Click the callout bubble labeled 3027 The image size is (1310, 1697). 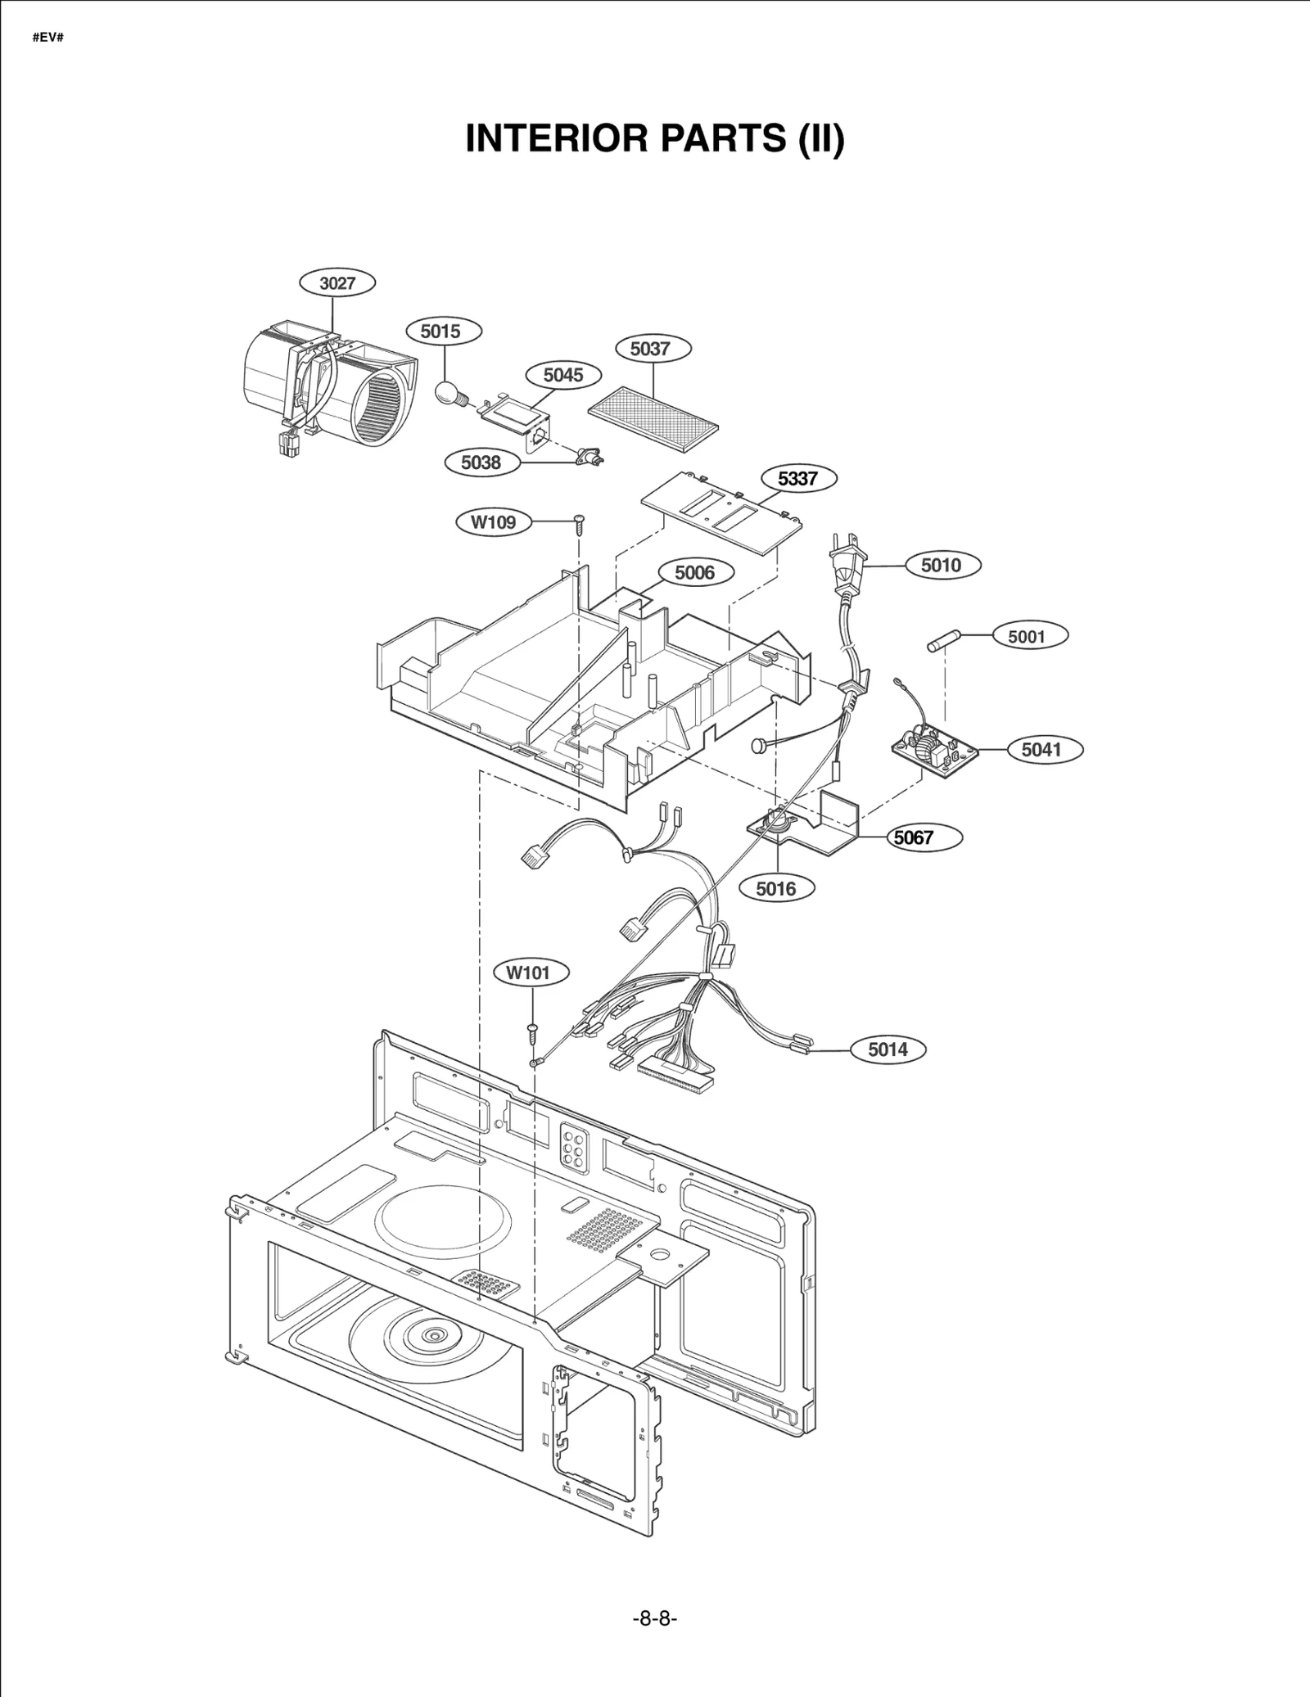[x=337, y=283]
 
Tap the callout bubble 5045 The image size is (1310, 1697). [x=563, y=375]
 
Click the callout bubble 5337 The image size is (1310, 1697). [x=797, y=478]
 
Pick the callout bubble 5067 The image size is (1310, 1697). [x=914, y=837]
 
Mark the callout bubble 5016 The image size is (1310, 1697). [x=776, y=888]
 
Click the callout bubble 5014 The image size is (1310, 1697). [x=888, y=1049]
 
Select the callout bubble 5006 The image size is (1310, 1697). [x=694, y=572]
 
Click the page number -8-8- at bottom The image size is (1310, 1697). [x=655, y=1618]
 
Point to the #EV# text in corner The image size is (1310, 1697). [x=48, y=38]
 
